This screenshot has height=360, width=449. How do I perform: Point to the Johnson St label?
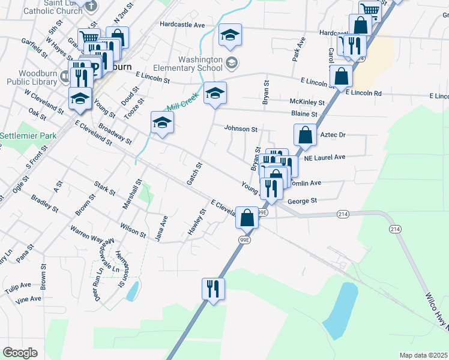pos(241,128)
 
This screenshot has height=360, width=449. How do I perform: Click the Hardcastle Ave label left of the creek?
pos(182,25)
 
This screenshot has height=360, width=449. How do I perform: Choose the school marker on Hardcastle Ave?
pos(230,37)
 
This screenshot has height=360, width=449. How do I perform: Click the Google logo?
pos(20,352)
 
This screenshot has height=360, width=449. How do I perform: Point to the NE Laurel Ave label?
pos(325,157)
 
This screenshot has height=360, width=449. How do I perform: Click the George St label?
pos(302,201)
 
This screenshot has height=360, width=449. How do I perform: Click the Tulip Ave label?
pos(17,285)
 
